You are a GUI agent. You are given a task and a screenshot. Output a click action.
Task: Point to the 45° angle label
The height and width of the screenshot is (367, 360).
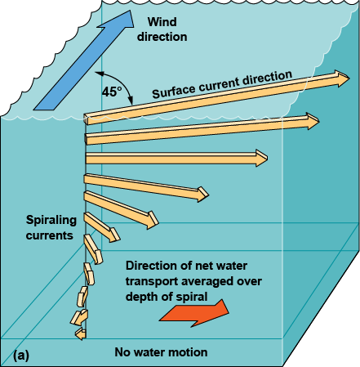[x=112, y=92]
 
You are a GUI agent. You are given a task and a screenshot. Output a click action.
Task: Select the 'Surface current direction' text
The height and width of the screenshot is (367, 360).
[x=222, y=86]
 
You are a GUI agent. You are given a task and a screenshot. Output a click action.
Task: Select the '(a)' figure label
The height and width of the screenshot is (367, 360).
[x=22, y=355]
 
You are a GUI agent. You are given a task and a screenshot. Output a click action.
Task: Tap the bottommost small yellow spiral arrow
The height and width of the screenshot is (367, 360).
[x=78, y=333]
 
